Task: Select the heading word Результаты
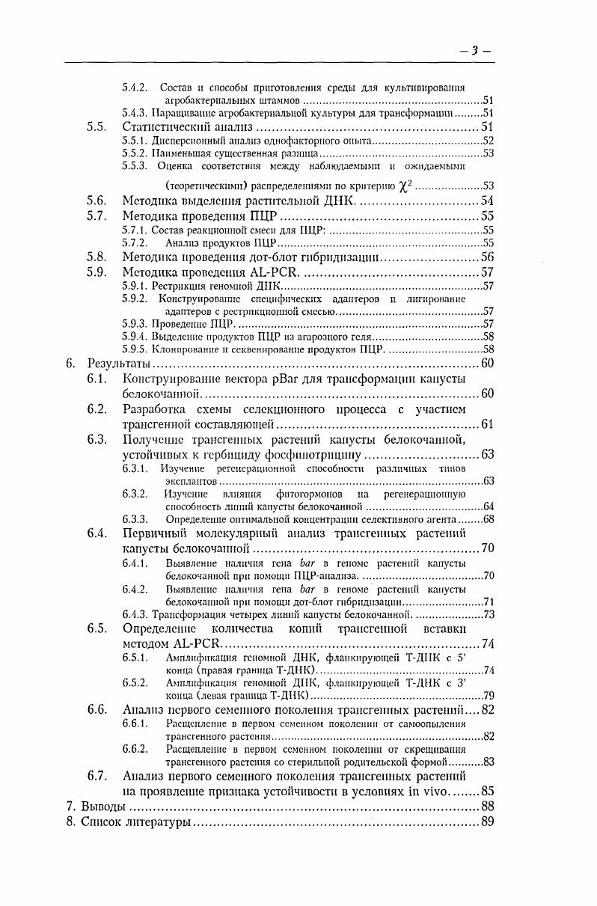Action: pos(119,364)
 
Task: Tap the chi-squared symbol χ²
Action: pos(405,185)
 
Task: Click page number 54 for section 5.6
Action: pos(486,201)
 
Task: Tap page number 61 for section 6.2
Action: pos(486,424)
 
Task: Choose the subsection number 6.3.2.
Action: pos(135,494)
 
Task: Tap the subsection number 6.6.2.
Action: pos(135,748)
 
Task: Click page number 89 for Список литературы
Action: pos(486,822)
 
